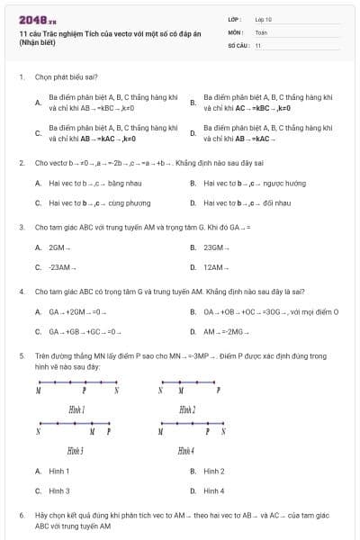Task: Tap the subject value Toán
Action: (x=261, y=31)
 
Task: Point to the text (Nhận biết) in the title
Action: (x=35, y=44)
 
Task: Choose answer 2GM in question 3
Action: (x=60, y=247)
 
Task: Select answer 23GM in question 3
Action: (x=214, y=247)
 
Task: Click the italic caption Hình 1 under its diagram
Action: (x=76, y=409)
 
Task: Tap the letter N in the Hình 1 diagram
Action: (x=116, y=391)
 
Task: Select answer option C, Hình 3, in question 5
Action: (x=59, y=490)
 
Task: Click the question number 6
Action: (x=21, y=515)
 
